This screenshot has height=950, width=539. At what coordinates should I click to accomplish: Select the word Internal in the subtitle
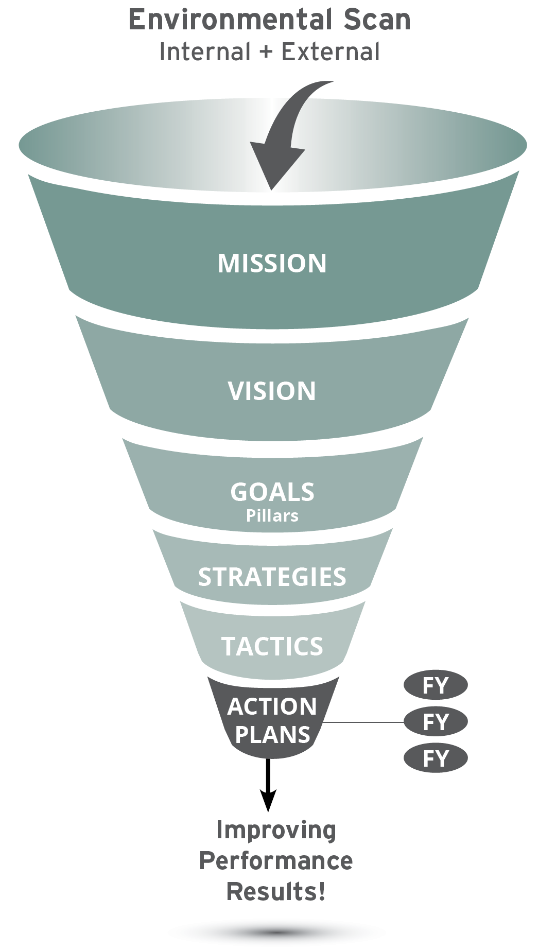pos(204,52)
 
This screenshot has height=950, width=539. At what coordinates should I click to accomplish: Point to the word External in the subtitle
pos(331,52)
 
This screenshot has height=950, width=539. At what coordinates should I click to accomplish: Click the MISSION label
pos(272,263)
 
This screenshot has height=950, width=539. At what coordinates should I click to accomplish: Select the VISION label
pos(272,391)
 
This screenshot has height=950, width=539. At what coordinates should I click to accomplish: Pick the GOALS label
pos(272,492)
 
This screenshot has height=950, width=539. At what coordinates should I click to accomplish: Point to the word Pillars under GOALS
pos(272,515)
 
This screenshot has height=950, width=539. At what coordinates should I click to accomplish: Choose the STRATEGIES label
pos(272,577)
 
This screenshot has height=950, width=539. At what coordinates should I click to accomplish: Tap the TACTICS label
pos(272,646)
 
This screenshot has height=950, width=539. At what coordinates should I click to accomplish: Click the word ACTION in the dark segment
pos(272,706)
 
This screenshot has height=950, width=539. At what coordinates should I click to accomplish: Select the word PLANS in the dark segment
pos(272,734)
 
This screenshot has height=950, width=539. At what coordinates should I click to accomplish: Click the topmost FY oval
pos(436,685)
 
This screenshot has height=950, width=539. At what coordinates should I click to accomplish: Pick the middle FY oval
pos(436,722)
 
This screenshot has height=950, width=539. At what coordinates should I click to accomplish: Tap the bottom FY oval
pos(436,758)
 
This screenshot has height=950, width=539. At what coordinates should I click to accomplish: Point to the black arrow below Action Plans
pos(268,785)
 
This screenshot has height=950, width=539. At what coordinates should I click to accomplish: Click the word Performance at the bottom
pos(276,860)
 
